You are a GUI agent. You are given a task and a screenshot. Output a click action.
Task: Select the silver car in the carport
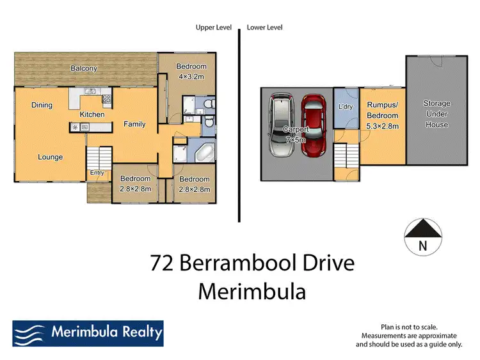[282, 125]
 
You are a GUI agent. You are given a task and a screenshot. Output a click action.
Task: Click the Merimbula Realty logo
[88, 333]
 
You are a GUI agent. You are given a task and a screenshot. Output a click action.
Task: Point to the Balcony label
[83, 68]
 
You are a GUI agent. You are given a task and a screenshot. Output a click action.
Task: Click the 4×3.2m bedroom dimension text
[191, 77]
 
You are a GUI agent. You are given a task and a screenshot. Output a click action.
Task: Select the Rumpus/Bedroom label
[383, 111]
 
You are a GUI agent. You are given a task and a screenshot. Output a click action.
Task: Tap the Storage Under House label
[437, 114]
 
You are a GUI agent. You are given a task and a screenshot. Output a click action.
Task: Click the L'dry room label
[345, 107]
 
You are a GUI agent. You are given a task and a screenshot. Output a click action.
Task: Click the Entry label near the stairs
[97, 173]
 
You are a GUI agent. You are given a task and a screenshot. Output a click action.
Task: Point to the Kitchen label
[92, 114]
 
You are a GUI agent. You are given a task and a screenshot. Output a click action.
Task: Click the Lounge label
[50, 157]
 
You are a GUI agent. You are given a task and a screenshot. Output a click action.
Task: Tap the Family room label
[135, 124]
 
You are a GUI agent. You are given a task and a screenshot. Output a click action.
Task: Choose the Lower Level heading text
[264, 27]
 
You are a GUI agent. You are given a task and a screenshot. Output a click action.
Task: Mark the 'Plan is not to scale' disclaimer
[408, 326]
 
